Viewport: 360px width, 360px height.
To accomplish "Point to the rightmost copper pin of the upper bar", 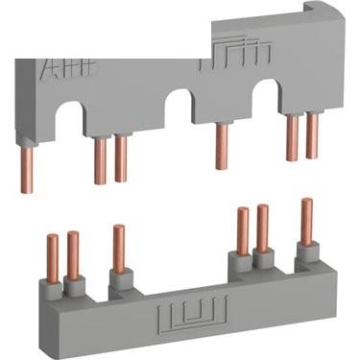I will [311, 135].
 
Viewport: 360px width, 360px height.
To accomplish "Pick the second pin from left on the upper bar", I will [100, 159].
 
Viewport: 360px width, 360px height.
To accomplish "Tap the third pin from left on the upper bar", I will [121, 159].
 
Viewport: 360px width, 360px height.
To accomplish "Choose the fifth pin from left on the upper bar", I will [291, 135].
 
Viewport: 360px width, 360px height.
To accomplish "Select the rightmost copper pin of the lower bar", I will [307, 222].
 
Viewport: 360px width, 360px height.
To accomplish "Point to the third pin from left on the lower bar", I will [118, 249].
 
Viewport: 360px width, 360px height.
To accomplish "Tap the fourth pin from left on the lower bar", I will [243, 231].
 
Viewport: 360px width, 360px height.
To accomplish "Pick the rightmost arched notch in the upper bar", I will [265, 92].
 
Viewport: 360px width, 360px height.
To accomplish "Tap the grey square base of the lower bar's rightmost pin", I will [307, 252].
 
